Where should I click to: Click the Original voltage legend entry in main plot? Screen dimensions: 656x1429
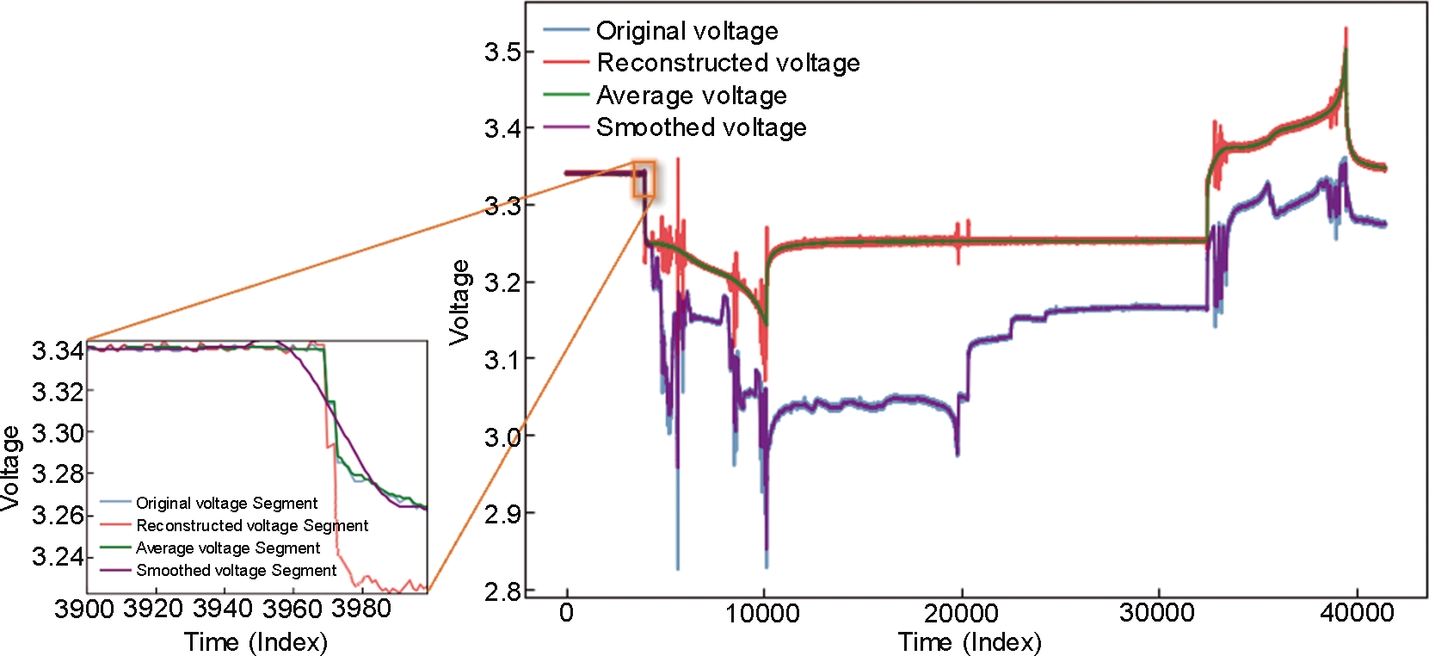point(687,31)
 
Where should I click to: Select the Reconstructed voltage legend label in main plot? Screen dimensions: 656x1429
point(728,63)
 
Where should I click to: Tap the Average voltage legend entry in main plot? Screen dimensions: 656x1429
point(691,95)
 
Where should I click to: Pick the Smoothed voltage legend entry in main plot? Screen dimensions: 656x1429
point(701,127)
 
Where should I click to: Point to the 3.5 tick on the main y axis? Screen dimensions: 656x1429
point(502,52)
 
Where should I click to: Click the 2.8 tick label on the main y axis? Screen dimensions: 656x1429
point(502,591)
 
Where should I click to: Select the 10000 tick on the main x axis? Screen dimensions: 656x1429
point(763,614)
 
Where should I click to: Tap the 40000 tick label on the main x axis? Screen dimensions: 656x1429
point(1357,614)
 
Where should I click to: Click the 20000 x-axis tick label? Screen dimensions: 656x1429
point(961,614)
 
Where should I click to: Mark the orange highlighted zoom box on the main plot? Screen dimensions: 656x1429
point(644,179)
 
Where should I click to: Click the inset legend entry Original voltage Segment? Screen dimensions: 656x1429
point(226,503)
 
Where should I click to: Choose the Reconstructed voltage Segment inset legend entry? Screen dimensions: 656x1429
point(252,525)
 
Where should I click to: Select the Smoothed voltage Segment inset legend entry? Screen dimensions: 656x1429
point(236,570)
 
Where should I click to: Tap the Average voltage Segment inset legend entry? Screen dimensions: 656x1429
point(228,548)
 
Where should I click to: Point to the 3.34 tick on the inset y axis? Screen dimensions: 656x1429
point(58,350)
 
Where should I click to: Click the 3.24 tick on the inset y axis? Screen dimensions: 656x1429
point(58,556)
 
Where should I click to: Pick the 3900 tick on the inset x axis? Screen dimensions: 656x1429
point(83,609)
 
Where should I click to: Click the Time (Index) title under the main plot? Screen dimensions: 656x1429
point(970,642)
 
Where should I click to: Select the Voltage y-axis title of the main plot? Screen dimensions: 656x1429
point(460,302)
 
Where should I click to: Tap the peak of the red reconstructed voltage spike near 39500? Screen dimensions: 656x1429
point(1346,29)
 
